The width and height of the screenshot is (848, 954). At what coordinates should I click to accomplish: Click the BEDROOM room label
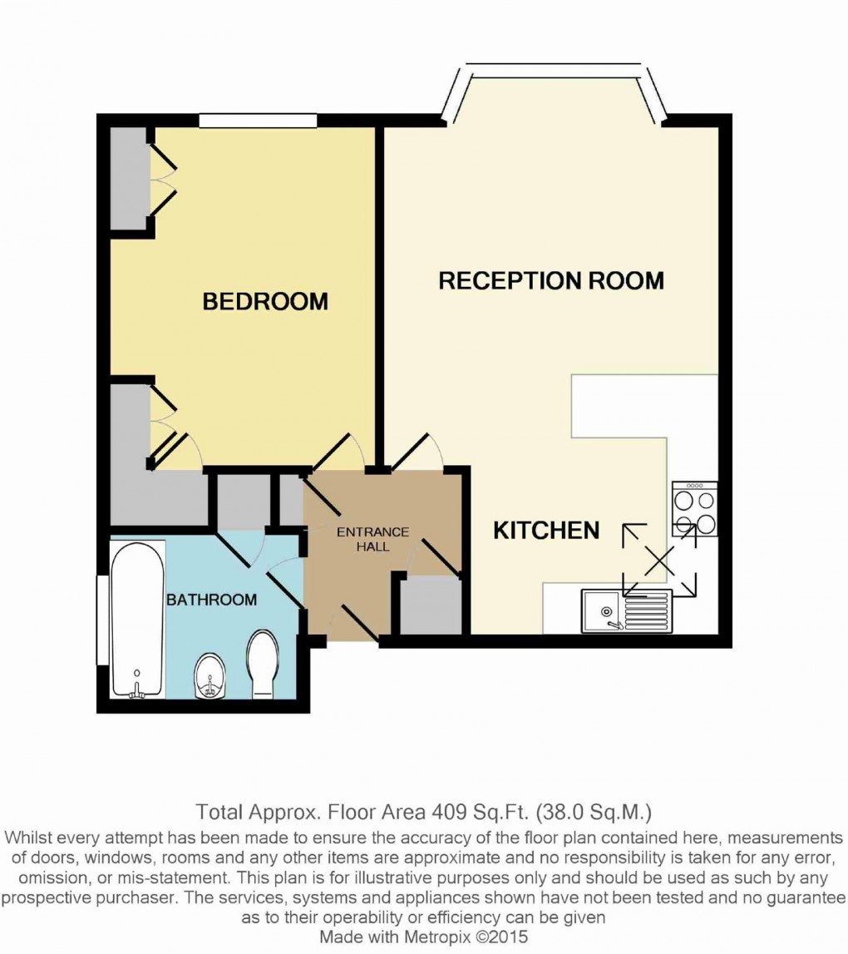(x=265, y=301)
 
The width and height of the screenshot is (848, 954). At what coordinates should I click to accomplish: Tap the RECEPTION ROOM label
(x=550, y=280)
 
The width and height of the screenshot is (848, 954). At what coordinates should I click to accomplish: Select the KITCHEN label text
(x=546, y=530)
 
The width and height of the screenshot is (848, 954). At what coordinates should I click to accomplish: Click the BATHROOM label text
(x=211, y=599)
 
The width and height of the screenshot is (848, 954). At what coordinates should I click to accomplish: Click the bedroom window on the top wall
(x=259, y=121)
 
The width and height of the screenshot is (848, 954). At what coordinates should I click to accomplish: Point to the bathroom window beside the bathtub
(x=102, y=619)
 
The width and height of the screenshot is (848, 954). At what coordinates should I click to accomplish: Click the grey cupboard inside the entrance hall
(x=430, y=606)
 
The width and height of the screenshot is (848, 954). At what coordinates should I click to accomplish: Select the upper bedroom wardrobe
(x=130, y=179)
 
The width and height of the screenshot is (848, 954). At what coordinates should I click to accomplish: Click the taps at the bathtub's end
(x=138, y=687)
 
